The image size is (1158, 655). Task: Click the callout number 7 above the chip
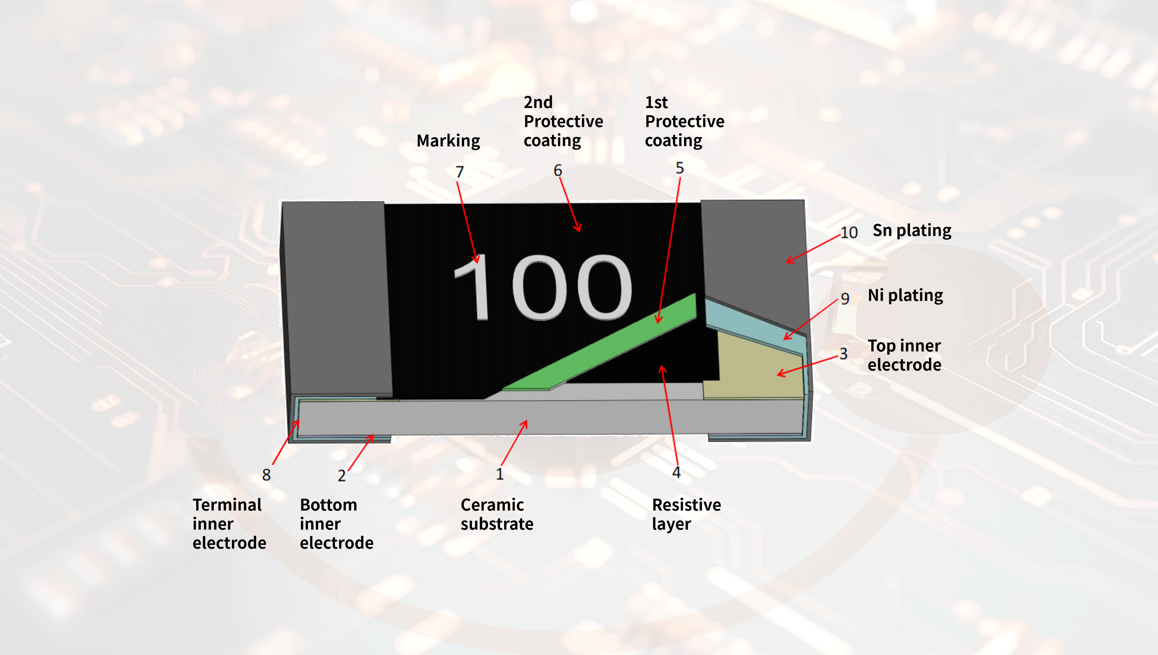coord(459,172)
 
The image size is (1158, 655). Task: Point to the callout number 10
coord(849,232)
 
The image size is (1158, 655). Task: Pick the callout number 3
coord(844,354)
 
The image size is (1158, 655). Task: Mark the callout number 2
coord(342,475)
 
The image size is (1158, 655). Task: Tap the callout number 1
coord(499,474)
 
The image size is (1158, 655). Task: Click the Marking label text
coord(448,141)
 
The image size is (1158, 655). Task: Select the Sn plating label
coord(912,230)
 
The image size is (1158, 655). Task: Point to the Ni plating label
coord(905,295)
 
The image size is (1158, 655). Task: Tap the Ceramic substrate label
coord(497,514)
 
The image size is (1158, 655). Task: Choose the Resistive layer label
coord(686,514)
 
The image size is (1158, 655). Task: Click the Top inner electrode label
coord(904,355)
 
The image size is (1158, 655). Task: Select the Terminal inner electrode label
coord(229,524)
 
